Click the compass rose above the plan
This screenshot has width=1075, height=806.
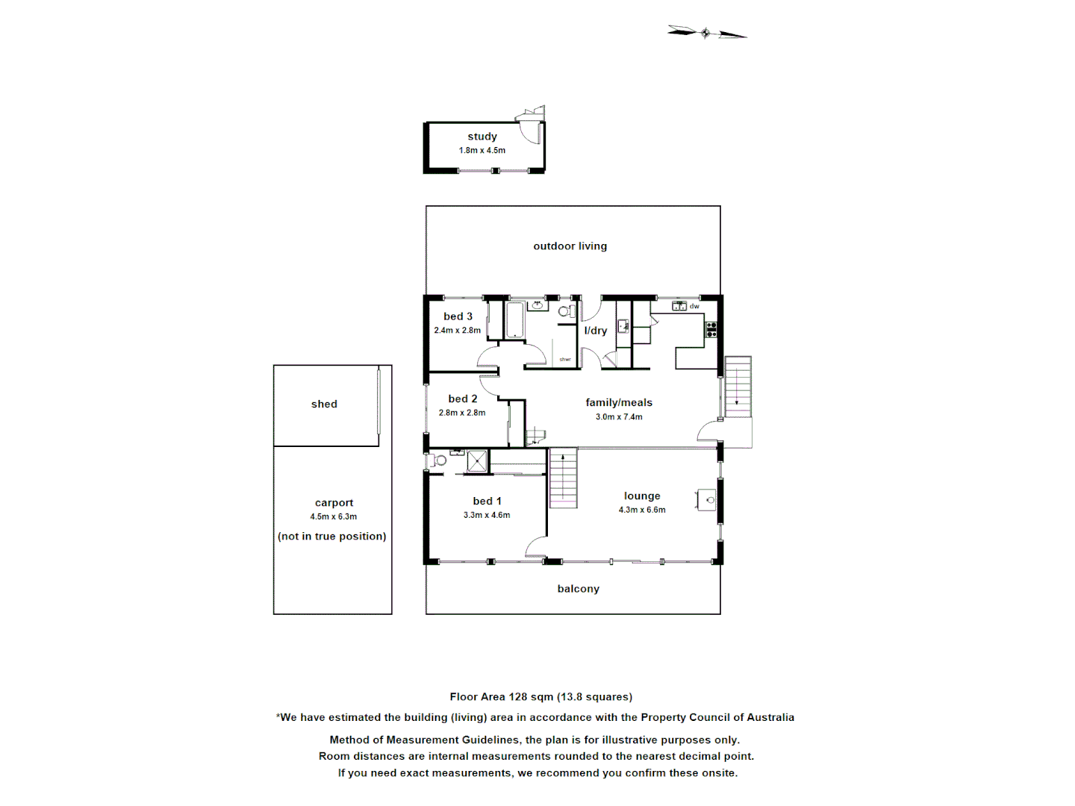click(x=706, y=33)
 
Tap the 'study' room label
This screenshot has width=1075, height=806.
click(x=482, y=137)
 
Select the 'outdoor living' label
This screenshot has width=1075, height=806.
click(x=570, y=246)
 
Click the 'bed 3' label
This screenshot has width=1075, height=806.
click(x=458, y=316)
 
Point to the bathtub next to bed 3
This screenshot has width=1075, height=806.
click(x=515, y=320)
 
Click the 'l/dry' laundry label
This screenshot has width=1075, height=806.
click(x=595, y=331)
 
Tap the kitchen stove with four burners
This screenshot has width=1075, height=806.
click(x=711, y=329)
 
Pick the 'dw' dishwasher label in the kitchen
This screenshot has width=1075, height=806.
click(x=694, y=307)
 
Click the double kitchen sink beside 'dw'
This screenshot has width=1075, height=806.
click(x=679, y=306)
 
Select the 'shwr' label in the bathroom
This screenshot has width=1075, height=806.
click(x=565, y=360)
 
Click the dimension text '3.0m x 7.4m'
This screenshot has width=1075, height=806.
click(x=619, y=417)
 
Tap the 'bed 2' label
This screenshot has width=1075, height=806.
click(x=463, y=399)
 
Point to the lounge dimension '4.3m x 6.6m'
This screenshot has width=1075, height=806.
click(x=642, y=510)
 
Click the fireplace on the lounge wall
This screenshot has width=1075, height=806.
click(x=707, y=500)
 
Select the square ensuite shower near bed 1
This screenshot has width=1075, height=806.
click(x=477, y=461)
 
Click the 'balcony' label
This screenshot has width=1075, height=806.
click(x=578, y=589)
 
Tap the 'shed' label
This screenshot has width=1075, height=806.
click(x=324, y=404)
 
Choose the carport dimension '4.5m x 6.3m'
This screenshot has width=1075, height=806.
click(x=334, y=516)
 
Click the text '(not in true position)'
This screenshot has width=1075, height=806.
click(x=332, y=537)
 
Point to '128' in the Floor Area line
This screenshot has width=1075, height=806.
click(x=518, y=697)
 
